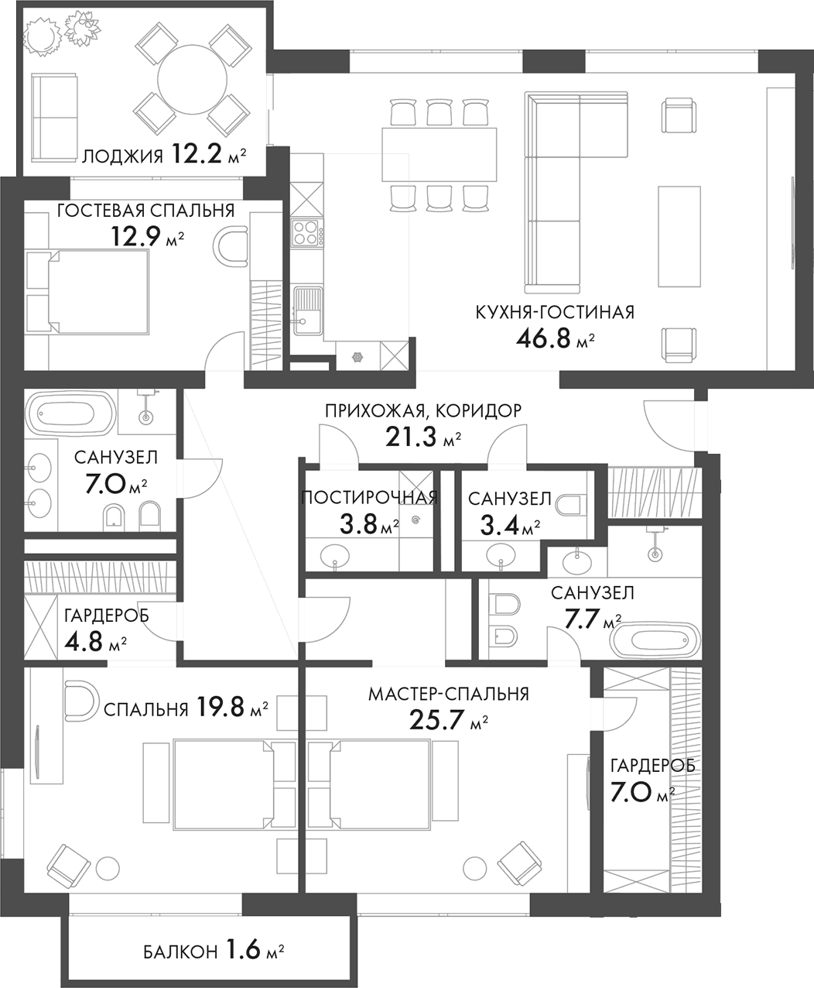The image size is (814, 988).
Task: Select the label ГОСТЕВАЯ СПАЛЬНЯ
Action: click(145, 211)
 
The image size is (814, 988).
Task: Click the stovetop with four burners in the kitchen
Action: click(306, 232)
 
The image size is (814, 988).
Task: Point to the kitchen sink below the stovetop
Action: click(307, 310)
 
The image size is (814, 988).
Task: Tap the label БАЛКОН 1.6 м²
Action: click(214, 950)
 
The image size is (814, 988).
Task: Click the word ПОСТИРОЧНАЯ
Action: click(369, 498)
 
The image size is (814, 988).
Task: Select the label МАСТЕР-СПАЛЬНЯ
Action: click(448, 694)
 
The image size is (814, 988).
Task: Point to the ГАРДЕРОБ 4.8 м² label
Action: click(96, 629)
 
